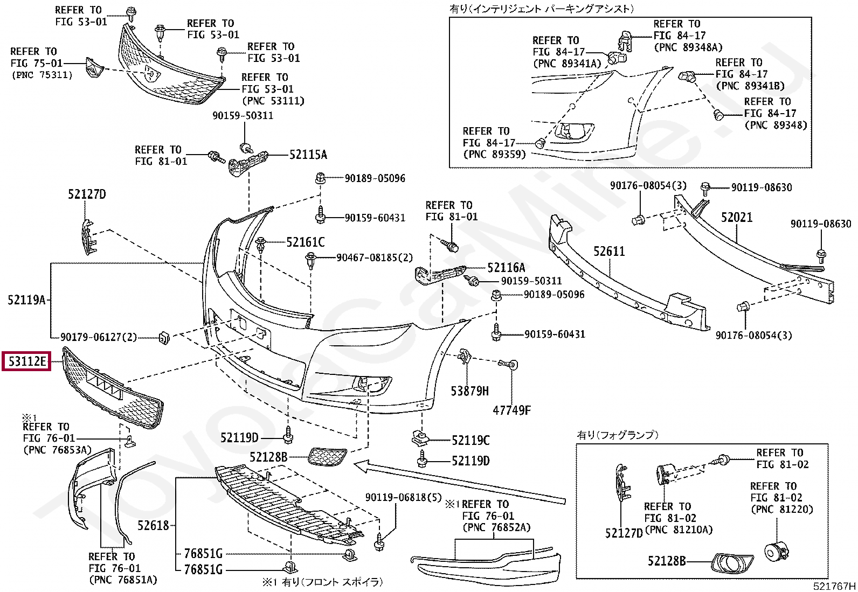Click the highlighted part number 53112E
(27, 361)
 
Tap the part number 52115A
(308, 155)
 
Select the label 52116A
(506, 268)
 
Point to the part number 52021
(736, 218)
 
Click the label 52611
(609, 252)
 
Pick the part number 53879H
(469, 391)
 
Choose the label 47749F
(511, 410)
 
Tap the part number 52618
(153, 525)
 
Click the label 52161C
(306, 242)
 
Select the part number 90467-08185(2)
(375, 258)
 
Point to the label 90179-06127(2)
(99, 337)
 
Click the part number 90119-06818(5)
(403, 498)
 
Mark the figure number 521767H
(834, 586)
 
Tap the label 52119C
(470, 441)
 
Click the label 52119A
(26, 300)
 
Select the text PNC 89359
(494, 155)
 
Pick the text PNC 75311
(42, 75)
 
